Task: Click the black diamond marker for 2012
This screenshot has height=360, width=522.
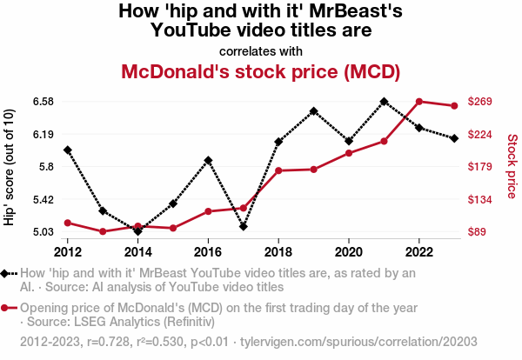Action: [68, 150]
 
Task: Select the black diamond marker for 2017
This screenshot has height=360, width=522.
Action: [244, 227]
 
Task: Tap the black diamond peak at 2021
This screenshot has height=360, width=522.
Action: [384, 102]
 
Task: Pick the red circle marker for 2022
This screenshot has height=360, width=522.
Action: [419, 102]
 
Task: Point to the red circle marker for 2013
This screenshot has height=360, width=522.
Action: [103, 231]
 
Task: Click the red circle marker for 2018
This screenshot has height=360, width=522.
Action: [278, 170]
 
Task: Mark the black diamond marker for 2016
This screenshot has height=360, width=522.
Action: [208, 160]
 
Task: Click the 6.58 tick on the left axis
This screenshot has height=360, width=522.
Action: [43, 102]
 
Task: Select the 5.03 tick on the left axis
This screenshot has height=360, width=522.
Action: [43, 232]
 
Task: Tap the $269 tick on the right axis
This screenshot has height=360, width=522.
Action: [480, 102]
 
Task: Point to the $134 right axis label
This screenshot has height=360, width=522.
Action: [480, 200]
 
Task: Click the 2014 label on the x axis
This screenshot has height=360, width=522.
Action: [137, 252]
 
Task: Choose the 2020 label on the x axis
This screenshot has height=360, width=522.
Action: [349, 252]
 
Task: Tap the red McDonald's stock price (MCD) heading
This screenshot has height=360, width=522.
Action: [261, 70]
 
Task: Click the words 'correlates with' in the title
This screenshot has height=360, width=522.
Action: [261, 50]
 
